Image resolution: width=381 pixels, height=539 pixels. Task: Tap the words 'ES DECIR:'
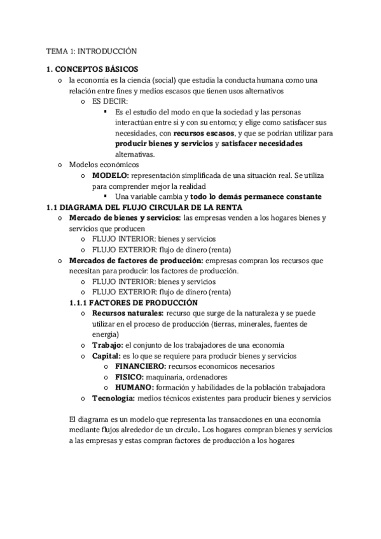click(109, 101)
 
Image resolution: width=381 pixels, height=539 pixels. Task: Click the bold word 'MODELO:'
click(111, 175)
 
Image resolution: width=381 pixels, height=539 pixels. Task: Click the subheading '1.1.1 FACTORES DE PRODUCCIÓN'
click(133, 303)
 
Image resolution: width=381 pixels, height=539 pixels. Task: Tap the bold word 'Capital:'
click(106, 356)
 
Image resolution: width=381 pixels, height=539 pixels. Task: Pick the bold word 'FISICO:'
click(130, 377)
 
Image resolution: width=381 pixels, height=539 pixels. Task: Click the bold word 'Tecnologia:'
click(113, 399)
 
